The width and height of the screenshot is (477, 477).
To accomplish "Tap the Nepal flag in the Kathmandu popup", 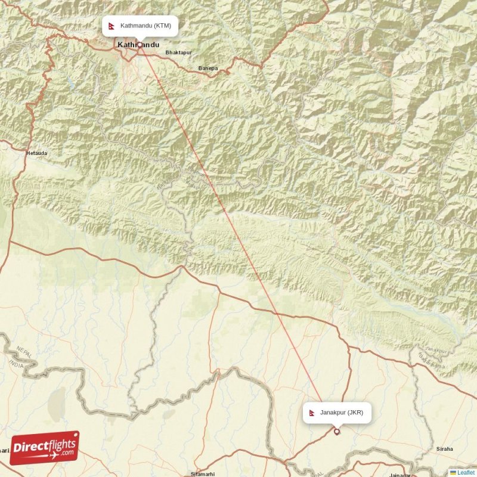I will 111,26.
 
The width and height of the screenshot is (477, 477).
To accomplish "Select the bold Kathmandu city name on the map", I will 139,45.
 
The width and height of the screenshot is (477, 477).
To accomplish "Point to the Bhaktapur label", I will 179,52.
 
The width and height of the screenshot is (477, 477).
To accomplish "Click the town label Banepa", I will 208,69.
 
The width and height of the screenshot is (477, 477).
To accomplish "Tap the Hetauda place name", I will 36,153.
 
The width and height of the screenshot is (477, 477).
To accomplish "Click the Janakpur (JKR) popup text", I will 341,412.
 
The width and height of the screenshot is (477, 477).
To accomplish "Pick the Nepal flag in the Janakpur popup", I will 312,412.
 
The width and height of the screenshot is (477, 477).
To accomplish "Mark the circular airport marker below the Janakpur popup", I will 337,432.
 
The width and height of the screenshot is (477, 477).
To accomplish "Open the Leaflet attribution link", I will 466,472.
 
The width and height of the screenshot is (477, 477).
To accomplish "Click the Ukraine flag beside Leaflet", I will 453,472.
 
